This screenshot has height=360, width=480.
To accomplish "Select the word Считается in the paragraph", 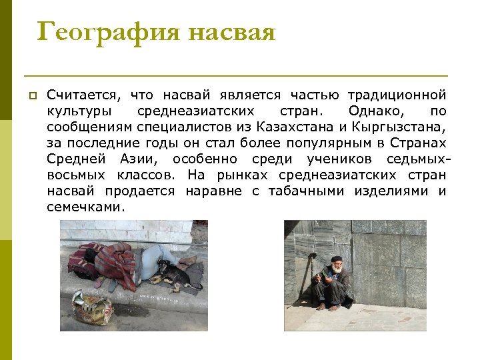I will point(83,96).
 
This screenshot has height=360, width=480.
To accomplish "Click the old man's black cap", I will point(336,259).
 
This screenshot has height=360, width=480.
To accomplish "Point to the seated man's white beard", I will point(337,269).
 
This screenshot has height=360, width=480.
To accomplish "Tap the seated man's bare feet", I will point(330,306).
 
